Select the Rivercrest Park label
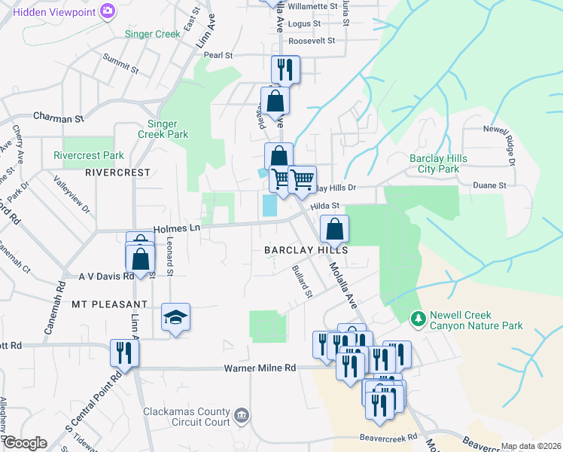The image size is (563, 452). (88, 156)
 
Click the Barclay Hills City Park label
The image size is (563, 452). (438, 163)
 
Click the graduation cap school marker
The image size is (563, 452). (175, 317)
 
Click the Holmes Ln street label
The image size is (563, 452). (176, 228)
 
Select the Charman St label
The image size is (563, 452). (58, 118)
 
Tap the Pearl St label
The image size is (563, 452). (218, 55)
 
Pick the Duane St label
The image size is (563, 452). (489, 185)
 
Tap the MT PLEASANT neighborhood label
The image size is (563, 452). (109, 304)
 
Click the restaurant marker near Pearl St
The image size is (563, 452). (285, 70)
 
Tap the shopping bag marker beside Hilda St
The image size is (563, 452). (334, 228)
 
